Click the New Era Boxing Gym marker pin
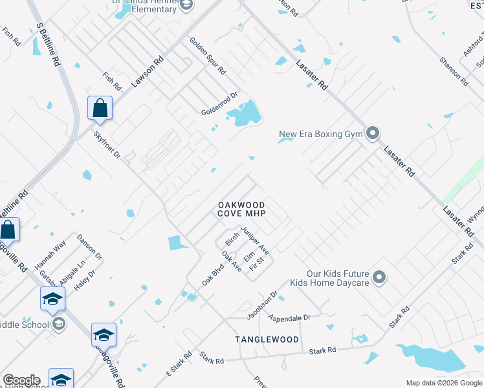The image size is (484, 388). tap(373, 134)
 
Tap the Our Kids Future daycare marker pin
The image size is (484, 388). tap(380, 278)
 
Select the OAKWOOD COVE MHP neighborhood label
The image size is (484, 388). tap(241, 209)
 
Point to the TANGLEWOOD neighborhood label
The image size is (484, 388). tap(267, 339)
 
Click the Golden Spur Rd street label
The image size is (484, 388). tap(207, 56)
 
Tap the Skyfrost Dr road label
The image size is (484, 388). tap(107, 146)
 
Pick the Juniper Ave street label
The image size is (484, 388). tap(255, 239)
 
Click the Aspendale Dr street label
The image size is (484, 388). tap(289, 318)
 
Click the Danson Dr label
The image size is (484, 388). tap(90, 246)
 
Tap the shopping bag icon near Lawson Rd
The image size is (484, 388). tap(100, 108)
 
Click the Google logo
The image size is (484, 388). tap(21, 380)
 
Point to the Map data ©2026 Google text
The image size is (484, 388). tap(443, 383)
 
